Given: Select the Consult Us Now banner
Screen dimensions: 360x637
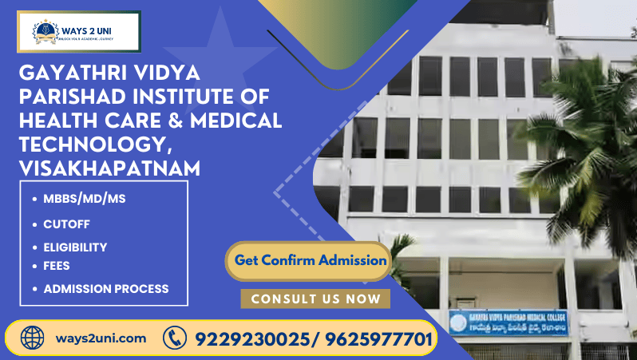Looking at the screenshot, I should [315, 299].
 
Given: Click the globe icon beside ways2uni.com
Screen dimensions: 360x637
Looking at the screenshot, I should [33, 338].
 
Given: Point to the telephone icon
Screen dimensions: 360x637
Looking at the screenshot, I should [174, 338].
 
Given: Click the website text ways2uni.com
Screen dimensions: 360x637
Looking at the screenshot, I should [101, 338].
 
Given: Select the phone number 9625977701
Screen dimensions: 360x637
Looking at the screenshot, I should [375, 339].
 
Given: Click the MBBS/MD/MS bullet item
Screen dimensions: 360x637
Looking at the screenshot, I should [85, 200].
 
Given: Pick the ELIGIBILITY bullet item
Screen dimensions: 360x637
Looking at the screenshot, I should [75, 247].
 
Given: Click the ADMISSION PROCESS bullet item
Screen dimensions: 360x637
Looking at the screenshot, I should [105, 288].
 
